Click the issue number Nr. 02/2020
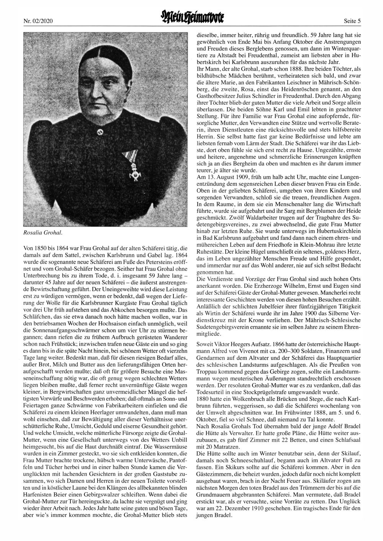37,20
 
